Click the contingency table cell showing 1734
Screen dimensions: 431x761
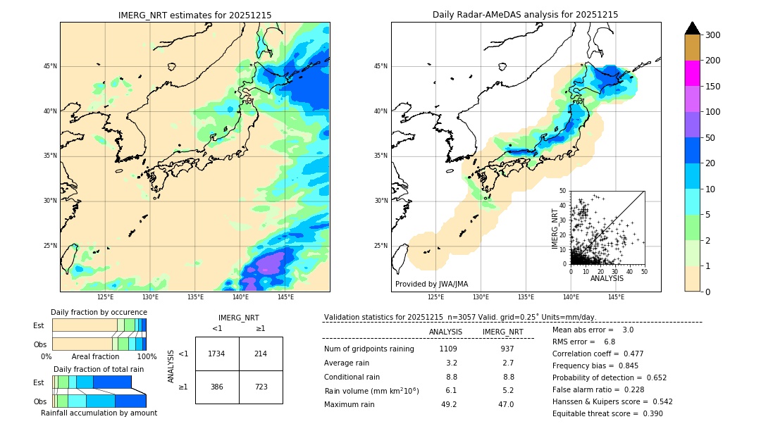(216, 354)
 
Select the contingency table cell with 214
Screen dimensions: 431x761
(261, 354)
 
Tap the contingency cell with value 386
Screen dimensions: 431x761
(216, 387)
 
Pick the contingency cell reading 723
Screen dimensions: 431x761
(261, 387)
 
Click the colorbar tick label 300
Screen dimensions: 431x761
(712, 35)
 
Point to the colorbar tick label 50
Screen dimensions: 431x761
(710, 138)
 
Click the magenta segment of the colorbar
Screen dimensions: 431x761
(693, 73)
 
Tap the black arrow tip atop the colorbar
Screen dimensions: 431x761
(693, 27)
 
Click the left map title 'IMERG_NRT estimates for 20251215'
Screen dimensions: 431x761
(194, 15)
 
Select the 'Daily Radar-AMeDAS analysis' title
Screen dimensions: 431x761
(526, 15)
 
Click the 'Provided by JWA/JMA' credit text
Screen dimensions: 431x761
(431, 285)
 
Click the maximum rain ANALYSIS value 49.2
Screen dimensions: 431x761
(449, 404)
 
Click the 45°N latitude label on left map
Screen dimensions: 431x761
(49, 66)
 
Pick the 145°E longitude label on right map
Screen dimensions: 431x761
(616, 298)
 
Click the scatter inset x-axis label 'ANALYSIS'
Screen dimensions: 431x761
(607, 278)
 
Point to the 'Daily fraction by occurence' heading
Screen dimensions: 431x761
(99, 312)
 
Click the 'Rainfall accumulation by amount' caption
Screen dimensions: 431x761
(99, 413)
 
